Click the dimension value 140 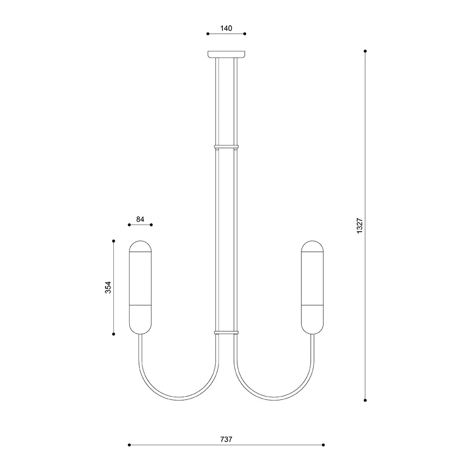click(x=226, y=29)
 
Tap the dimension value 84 click(x=140, y=219)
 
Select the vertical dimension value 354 click(x=108, y=287)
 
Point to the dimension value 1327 click(x=359, y=226)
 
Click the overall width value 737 click(x=226, y=439)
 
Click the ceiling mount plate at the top click(x=226, y=54)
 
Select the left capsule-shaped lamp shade click(x=140, y=287)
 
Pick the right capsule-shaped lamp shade click(x=313, y=287)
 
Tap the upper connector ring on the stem click(x=226, y=147)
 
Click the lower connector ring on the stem click(x=226, y=332)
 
